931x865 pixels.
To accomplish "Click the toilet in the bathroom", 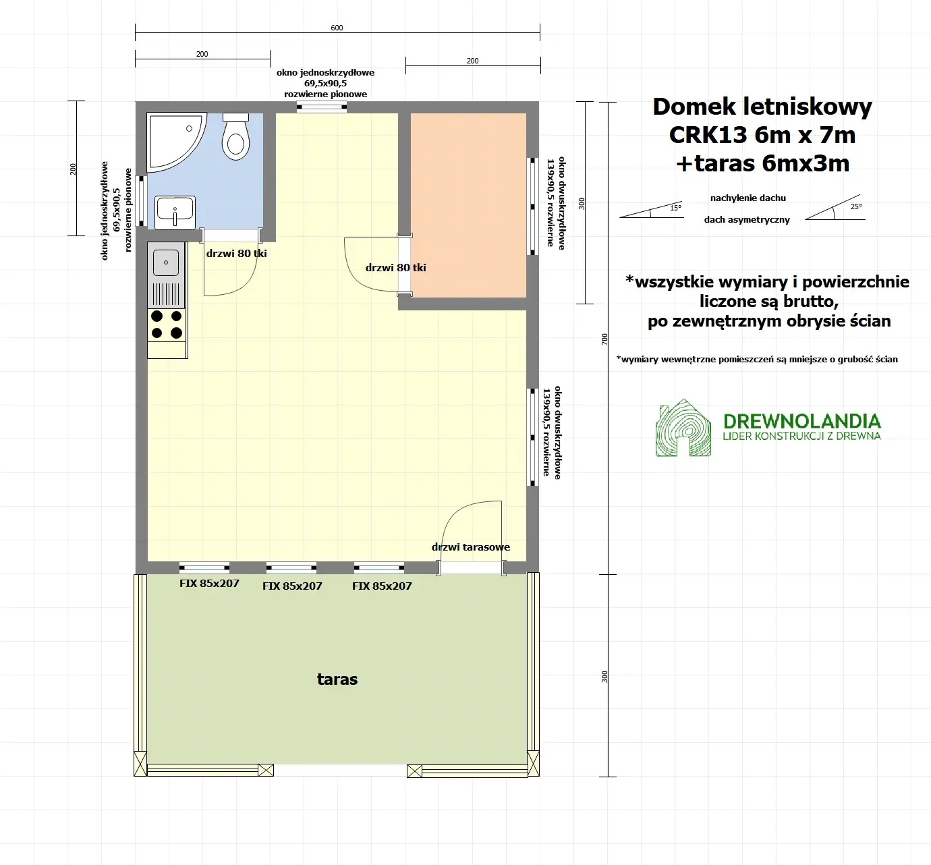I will [236, 138].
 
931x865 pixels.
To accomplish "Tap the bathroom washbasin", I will [175, 212].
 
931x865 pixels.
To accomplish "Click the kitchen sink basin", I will [166, 262].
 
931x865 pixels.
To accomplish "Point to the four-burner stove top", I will [167, 325].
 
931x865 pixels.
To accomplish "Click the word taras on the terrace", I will [337, 679].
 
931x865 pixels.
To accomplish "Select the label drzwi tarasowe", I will [471, 547].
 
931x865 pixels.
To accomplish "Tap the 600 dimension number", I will [337, 28].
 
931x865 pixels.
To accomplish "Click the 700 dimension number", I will [604, 339].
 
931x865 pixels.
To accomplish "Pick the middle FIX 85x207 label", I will [292, 586].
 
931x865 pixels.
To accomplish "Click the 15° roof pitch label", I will [675, 208].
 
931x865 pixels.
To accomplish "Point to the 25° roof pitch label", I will [855, 206].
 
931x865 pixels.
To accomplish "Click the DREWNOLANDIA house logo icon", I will [683, 428].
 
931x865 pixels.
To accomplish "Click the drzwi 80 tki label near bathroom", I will [236, 254].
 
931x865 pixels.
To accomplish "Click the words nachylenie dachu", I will [747, 198].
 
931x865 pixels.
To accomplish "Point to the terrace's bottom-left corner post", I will [140, 764].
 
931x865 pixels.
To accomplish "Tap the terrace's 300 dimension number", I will [604, 676].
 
